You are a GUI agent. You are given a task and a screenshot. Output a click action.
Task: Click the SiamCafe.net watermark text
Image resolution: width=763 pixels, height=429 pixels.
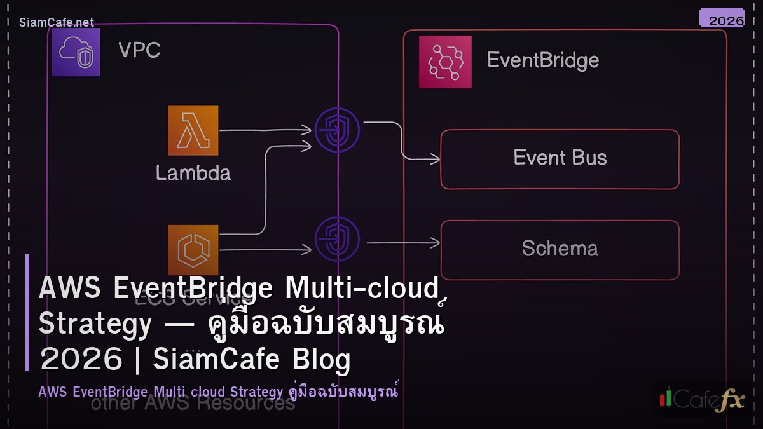pos(57,22)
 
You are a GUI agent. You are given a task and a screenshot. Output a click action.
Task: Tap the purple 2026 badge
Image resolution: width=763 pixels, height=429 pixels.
pos(722,18)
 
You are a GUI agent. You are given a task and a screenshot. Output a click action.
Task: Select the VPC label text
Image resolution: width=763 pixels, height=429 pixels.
pos(139,50)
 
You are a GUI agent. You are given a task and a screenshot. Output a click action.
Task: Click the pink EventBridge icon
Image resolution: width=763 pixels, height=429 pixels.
pos(445,62)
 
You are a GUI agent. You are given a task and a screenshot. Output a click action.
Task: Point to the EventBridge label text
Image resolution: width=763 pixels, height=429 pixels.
pos(542,60)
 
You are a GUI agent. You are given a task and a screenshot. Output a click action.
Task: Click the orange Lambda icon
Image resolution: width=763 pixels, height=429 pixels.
pos(193,130)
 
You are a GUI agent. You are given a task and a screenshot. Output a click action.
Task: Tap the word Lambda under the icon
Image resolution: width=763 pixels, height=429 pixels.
pos(193,172)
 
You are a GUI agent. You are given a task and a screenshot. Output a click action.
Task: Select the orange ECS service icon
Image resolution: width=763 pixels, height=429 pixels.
pos(193,249)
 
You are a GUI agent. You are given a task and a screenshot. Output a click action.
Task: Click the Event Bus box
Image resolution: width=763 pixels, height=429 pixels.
pos(560,159)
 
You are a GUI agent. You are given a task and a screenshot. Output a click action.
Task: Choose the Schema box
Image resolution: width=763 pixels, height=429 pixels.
pos(560,249)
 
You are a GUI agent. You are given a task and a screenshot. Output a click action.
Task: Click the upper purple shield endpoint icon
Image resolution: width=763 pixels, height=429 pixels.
pos(337,130)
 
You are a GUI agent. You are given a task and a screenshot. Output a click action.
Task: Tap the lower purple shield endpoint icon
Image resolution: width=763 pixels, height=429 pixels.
pos(337,240)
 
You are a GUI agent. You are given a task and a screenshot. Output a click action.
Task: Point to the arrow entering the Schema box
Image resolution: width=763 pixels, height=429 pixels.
pos(403,242)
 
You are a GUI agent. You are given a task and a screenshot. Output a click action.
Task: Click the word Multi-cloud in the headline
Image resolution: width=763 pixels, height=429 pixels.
pos(362,289)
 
